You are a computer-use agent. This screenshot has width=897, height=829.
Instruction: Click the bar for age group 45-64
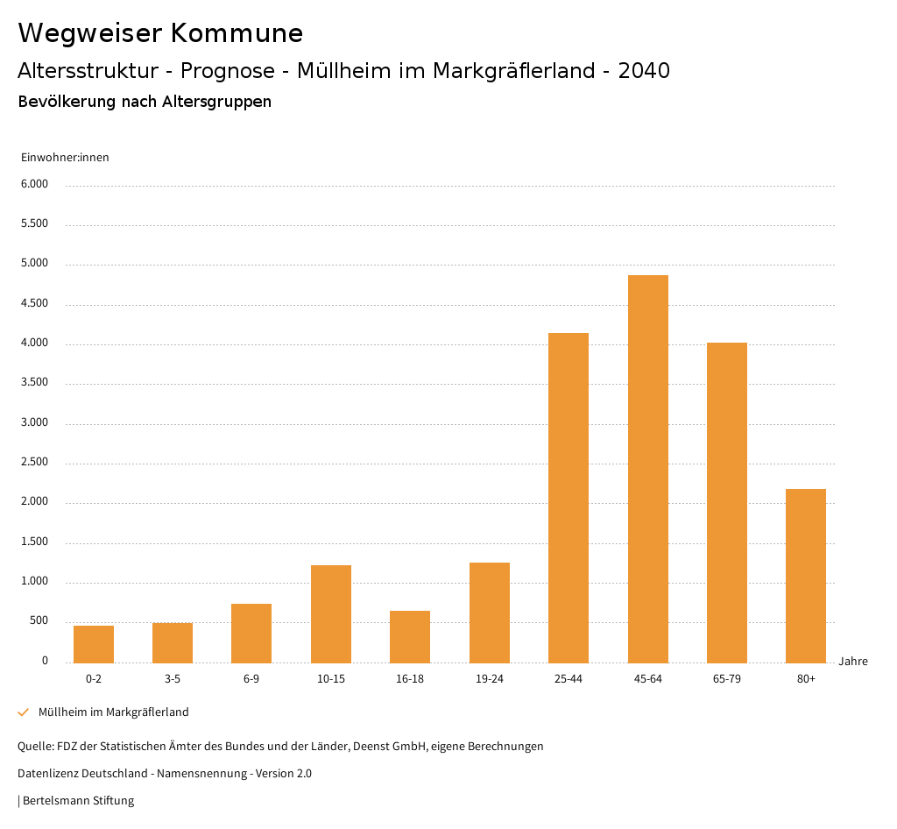coord(647,469)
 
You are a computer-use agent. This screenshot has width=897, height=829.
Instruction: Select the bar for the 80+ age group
coord(806,576)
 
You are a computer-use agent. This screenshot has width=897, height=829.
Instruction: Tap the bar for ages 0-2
coord(94,644)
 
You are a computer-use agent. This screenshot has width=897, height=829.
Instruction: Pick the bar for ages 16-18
coord(410,636)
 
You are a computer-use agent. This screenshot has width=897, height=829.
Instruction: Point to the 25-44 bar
coord(569,498)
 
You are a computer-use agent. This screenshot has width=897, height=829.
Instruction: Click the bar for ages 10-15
coord(331,613)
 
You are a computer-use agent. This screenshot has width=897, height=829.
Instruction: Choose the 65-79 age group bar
coord(727,502)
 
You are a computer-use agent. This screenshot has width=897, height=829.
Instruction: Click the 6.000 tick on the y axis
coord(34,185)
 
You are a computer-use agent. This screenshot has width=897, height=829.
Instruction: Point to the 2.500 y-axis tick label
coord(34,463)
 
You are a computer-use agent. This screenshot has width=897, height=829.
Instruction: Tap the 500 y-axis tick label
coord(39,621)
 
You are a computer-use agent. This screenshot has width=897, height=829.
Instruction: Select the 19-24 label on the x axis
coord(489,679)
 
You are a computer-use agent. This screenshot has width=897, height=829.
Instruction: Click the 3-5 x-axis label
coord(173,679)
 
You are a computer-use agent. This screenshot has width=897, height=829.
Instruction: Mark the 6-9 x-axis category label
coord(251,679)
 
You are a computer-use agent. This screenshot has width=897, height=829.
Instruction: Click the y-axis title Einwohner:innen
coord(65,158)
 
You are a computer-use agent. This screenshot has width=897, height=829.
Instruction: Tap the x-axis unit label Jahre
coord(852,662)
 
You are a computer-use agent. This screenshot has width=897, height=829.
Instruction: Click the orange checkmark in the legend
coord(24,712)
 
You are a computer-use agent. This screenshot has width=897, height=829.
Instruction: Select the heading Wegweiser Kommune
coord(160,33)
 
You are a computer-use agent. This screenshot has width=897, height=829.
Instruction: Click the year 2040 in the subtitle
coord(644,71)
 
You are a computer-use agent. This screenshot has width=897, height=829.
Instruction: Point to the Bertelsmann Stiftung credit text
coord(78,801)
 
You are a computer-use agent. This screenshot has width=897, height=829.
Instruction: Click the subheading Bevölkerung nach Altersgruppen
coord(145,102)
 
